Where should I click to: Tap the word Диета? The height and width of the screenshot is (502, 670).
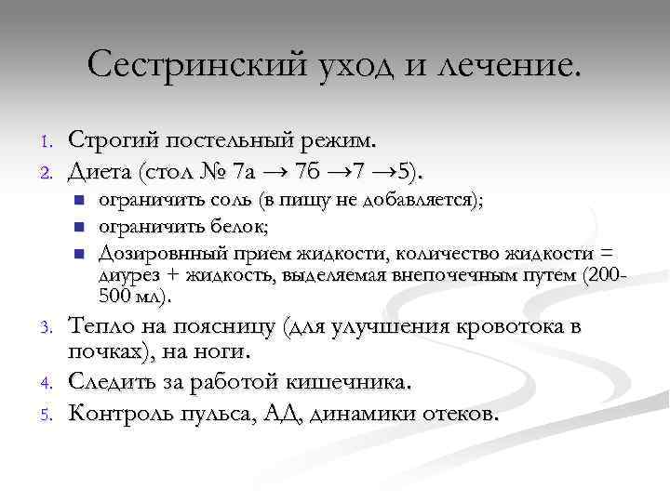point(100,171)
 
